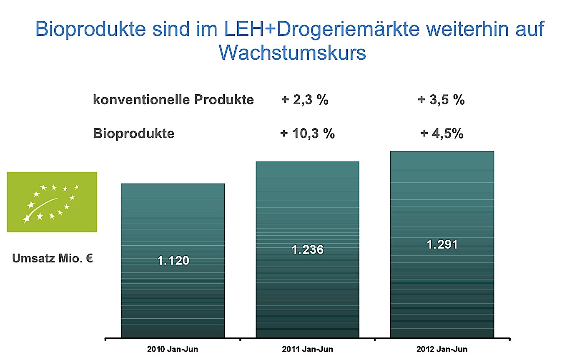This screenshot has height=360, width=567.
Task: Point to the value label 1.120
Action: tap(173, 261)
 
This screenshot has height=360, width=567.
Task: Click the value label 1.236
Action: tap(307, 250)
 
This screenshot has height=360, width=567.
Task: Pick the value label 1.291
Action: tap(442, 244)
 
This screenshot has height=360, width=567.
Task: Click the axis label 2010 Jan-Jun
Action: tap(173, 349)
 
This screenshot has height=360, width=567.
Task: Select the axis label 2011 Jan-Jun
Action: tap(307, 349)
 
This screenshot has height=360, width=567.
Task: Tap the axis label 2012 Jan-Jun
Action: tap(442, 349)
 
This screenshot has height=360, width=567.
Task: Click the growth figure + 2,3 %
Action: tap(305, 101)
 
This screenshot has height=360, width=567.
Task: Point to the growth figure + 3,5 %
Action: tap(441, 101)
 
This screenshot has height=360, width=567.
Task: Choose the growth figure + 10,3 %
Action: tap(307, 134)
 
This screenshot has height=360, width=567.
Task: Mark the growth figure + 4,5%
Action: tap(442, 134)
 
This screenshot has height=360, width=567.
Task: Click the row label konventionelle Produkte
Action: tap(173, 101)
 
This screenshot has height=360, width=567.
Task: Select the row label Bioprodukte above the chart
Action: tap(133, 134)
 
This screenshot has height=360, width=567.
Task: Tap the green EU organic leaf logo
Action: tap(52, 202)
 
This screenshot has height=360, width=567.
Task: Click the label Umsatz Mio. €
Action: tap(53, 259)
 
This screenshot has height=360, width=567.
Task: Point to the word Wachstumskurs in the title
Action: tap(292, 53)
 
